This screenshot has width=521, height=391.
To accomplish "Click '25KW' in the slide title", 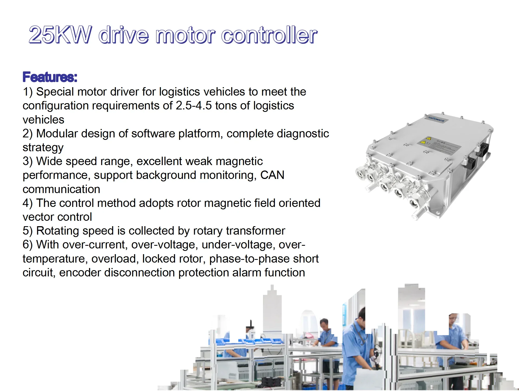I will point(60,35).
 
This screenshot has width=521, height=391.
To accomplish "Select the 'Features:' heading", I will point(50,77).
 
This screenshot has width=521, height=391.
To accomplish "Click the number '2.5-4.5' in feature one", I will point(193,106).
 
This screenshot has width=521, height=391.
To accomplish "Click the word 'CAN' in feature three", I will point(272,175).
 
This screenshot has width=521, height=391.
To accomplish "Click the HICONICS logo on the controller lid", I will point(436,119).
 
